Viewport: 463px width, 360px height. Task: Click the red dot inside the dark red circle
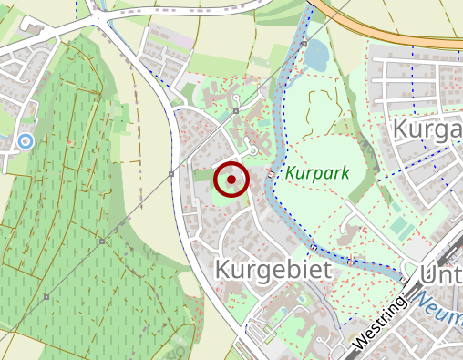231,180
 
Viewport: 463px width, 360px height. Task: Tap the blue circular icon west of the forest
26,141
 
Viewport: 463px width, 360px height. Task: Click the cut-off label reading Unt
441,274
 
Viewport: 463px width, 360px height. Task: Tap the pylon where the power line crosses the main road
170,173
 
